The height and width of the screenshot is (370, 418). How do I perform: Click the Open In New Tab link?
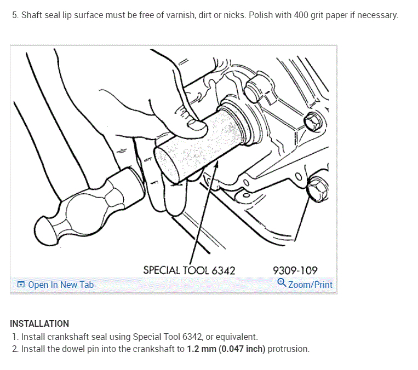click(x=60, y=285)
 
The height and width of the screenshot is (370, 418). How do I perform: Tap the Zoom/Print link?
click(x=310, y=285)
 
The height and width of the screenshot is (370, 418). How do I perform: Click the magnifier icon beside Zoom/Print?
click(x=282, y=283)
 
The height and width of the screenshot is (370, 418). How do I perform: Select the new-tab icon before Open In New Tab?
click(x=21, y=285)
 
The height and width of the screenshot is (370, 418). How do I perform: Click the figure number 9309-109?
click(x=295, y=270)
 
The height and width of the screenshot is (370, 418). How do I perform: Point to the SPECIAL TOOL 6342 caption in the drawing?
click(x=189, y=270)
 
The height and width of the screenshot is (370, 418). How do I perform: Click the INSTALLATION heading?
click(x=39, y=323)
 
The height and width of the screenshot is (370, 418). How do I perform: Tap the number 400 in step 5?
click(x=301, y=15)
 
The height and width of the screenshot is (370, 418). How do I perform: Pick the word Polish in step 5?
click(x=261, y=15)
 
